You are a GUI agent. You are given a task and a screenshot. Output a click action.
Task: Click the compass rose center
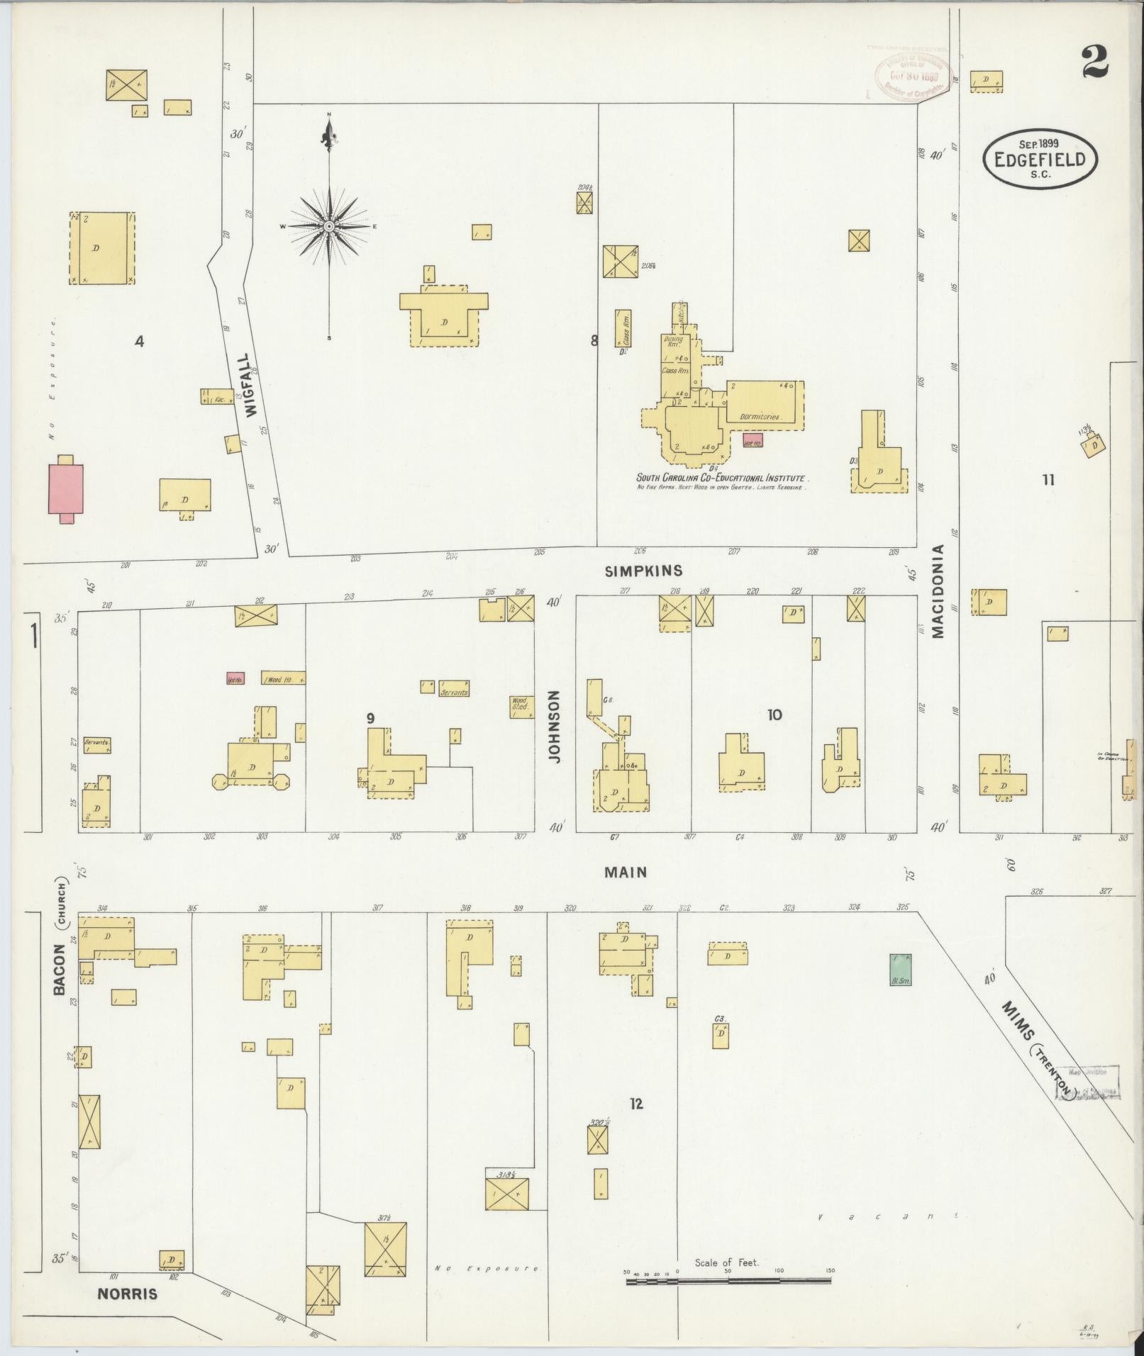[329, 226]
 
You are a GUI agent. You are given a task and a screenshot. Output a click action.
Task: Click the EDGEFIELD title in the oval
[1040, 159]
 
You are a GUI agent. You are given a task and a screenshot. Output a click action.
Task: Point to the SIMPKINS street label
[644, 571]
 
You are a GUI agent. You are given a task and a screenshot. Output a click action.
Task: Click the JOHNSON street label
[555, 727]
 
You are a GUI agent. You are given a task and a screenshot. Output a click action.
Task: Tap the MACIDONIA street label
[939, 592]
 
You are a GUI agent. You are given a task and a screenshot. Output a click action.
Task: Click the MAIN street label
[626, 872]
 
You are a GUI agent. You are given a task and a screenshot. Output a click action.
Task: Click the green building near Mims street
[900, 970]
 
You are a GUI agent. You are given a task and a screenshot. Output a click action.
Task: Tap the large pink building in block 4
[65, 488]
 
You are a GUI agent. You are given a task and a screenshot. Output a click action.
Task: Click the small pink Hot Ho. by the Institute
[753, 440]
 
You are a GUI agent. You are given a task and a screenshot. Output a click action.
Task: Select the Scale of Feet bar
[728, 1281]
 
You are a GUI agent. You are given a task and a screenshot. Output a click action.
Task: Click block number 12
[636, 1104]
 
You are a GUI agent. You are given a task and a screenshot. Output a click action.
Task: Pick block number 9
[370, 719]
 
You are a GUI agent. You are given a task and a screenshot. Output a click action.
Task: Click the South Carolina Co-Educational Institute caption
[722, 478]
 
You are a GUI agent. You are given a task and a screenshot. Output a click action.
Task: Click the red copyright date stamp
[913, 76]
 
